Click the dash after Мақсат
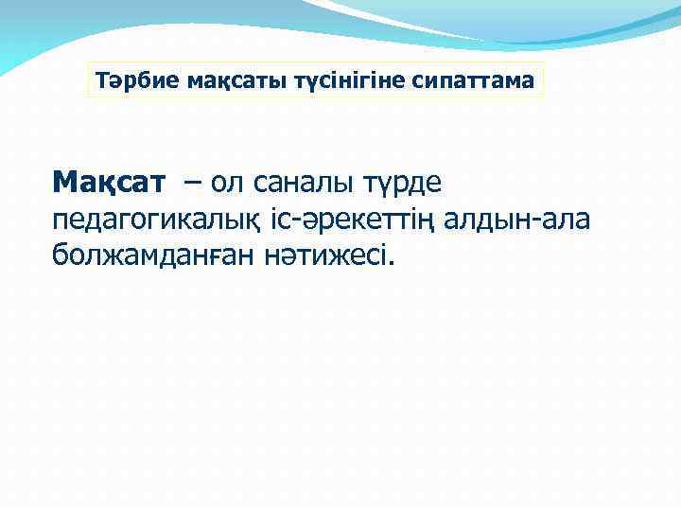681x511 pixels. [x=193, y=181]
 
